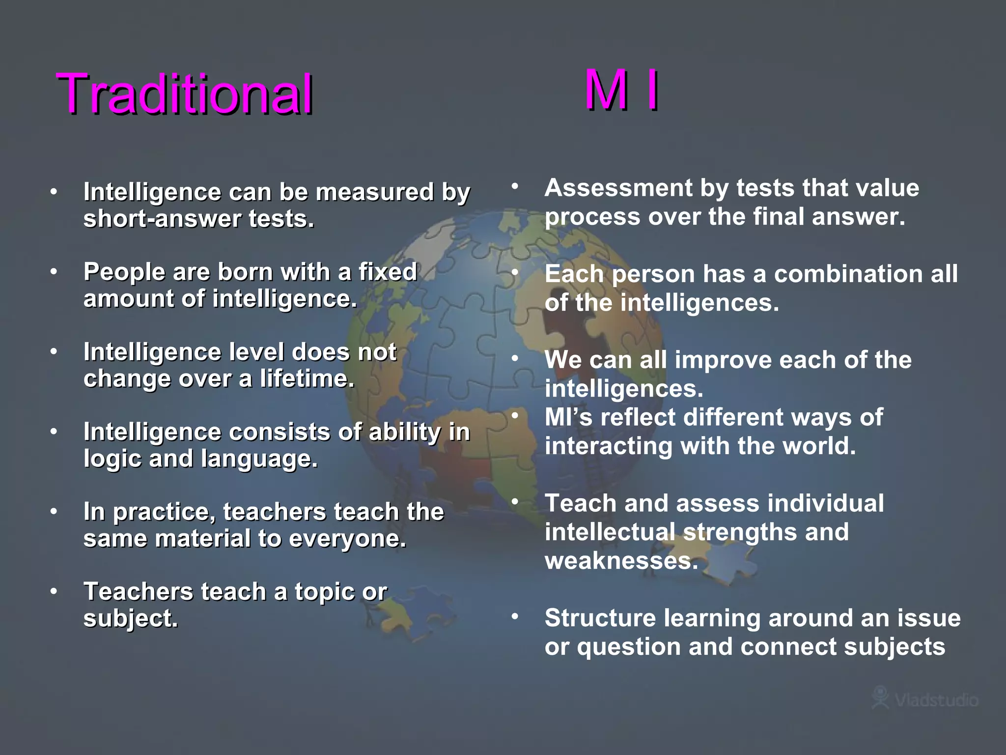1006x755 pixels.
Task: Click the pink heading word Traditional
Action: (185, 93)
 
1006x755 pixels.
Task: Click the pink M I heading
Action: (622, 90)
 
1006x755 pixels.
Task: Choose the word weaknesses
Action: (621, 560)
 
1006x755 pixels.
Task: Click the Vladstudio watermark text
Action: (936, 700)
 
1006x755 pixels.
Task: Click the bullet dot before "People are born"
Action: (54, 271)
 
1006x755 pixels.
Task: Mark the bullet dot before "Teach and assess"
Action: (515, 502)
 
